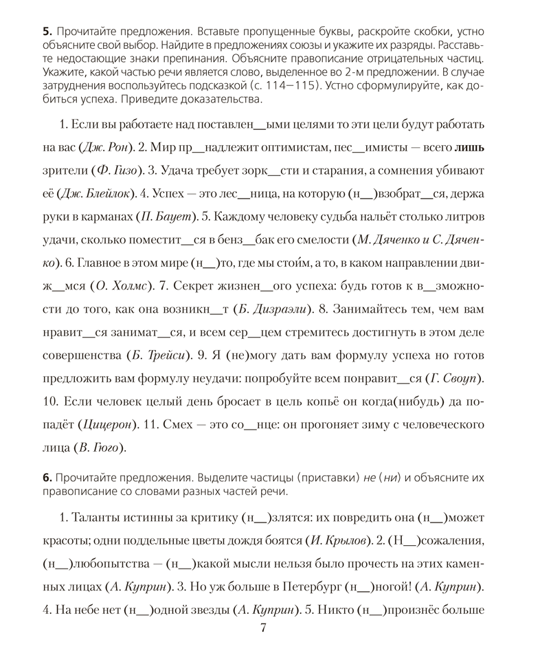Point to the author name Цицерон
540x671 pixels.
click(x=102, y=425)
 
